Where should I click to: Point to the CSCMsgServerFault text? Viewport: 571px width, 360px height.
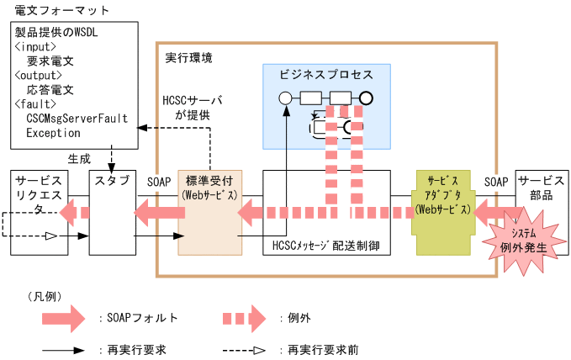[77, 118]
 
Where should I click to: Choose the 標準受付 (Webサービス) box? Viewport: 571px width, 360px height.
[209, 188]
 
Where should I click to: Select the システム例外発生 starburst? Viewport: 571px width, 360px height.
[523, 241]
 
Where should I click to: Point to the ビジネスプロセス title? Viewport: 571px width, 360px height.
[326, 75]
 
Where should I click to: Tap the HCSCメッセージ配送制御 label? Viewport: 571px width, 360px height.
[326, 247]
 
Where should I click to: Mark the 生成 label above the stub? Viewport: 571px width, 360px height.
[78, 157]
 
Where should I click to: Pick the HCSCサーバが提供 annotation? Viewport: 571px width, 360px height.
[192, 107]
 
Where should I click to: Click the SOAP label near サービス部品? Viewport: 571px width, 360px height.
[496, 181]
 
